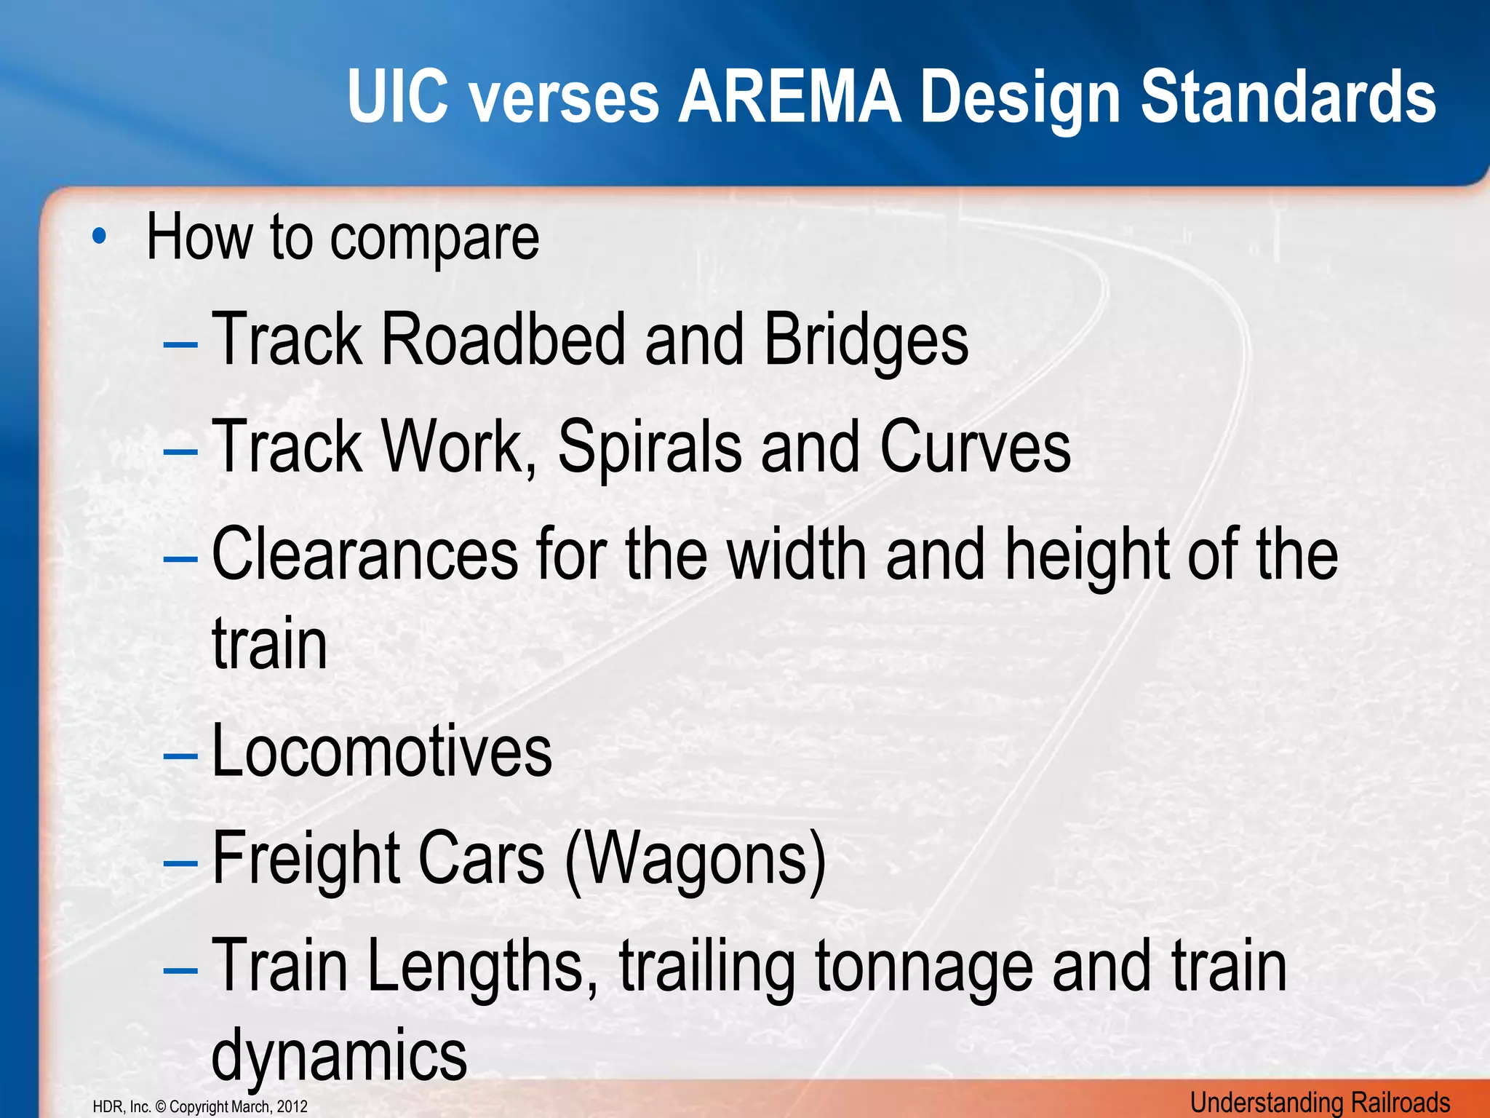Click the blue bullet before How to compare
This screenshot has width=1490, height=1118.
(x=100, y=237)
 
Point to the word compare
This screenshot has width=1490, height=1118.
(x=435, y=239)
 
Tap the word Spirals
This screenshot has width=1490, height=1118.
(x=650, y=447)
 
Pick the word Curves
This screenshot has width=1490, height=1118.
(x=975, y=447)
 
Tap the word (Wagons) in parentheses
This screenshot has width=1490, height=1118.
(x=696, y=859)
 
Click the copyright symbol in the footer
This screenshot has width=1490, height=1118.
(x=162, y=1107)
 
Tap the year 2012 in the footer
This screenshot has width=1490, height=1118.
(x=292, y=1107)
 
